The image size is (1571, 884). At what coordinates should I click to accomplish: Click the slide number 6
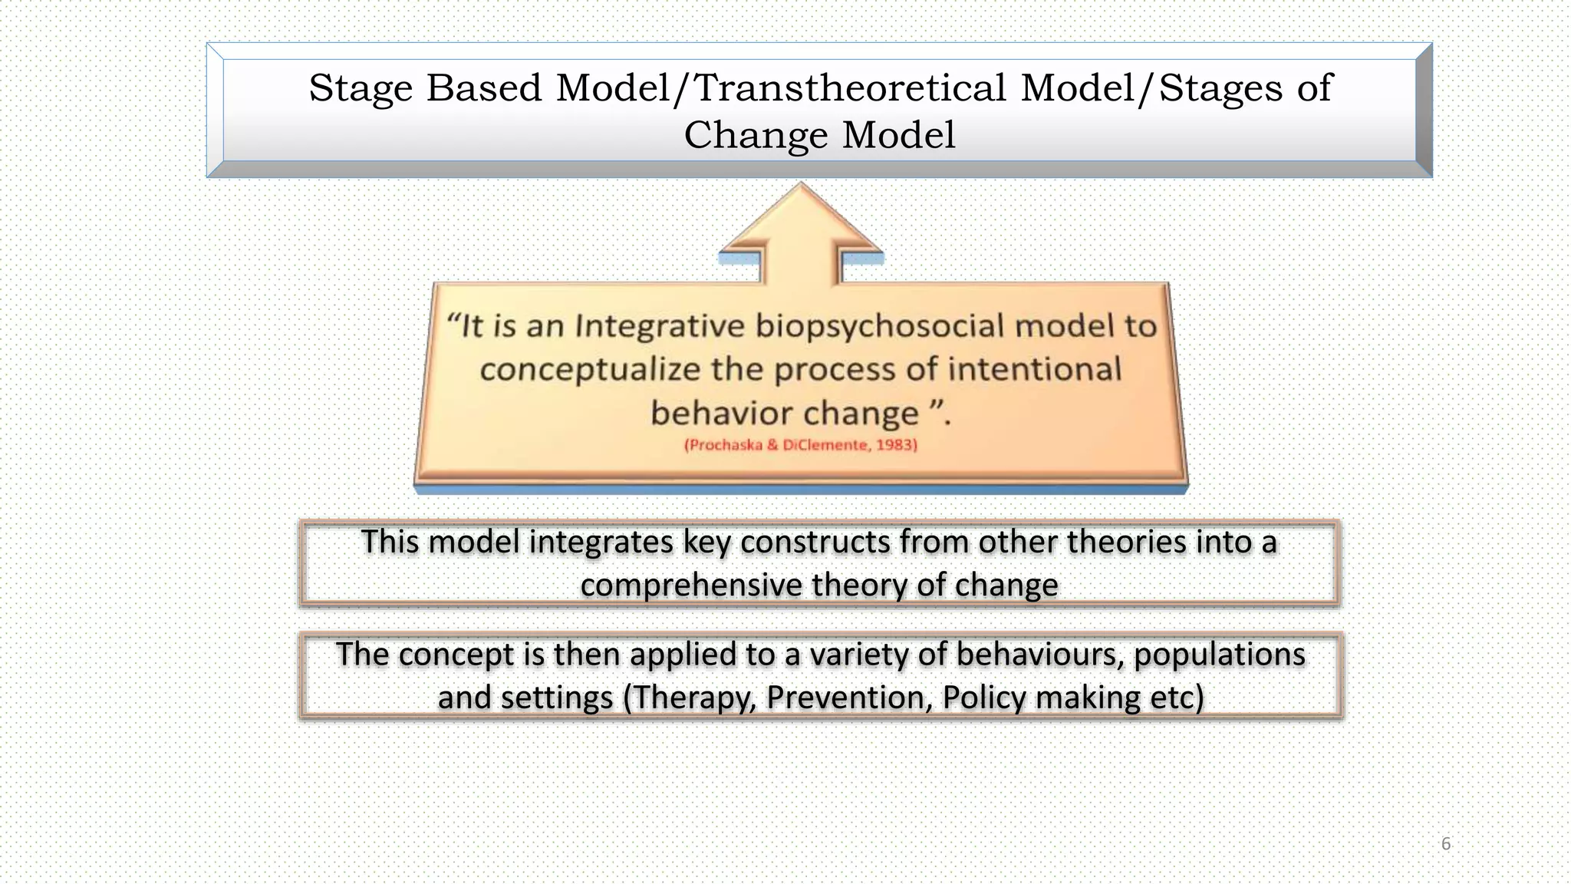point(1446,844)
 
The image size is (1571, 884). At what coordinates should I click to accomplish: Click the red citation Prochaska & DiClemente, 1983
point(800,445)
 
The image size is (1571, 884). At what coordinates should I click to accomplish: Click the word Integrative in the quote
point(659,326)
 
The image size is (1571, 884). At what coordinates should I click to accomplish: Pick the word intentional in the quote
point(1035,369)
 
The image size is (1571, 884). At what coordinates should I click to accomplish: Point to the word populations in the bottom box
point(1219,655)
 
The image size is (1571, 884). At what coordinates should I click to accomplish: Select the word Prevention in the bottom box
point(848,698)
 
